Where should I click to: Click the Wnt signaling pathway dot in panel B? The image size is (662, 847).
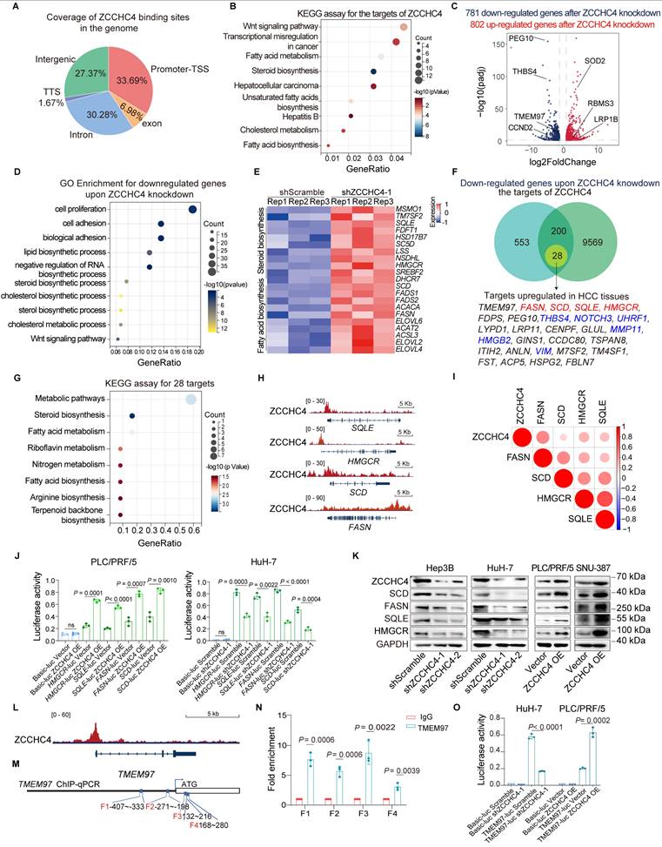pos(404,28)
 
